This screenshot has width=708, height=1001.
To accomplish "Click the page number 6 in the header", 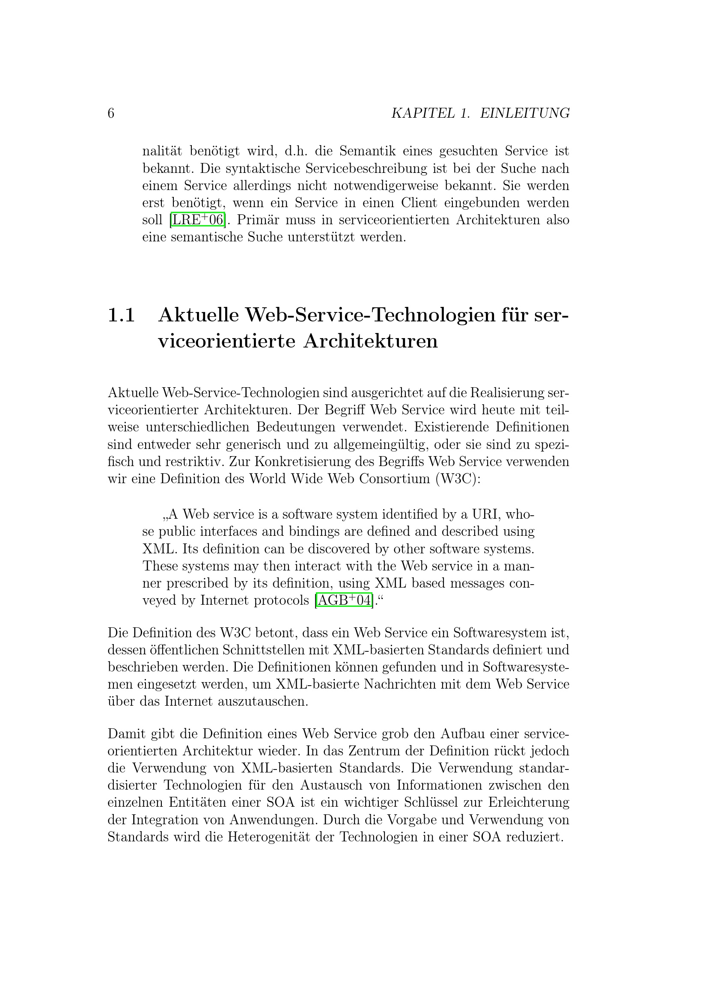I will (x=111, y=113).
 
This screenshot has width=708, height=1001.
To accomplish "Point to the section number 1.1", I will (x=121, y=315).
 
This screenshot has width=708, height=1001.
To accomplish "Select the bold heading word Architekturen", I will (x=371, y=341).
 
